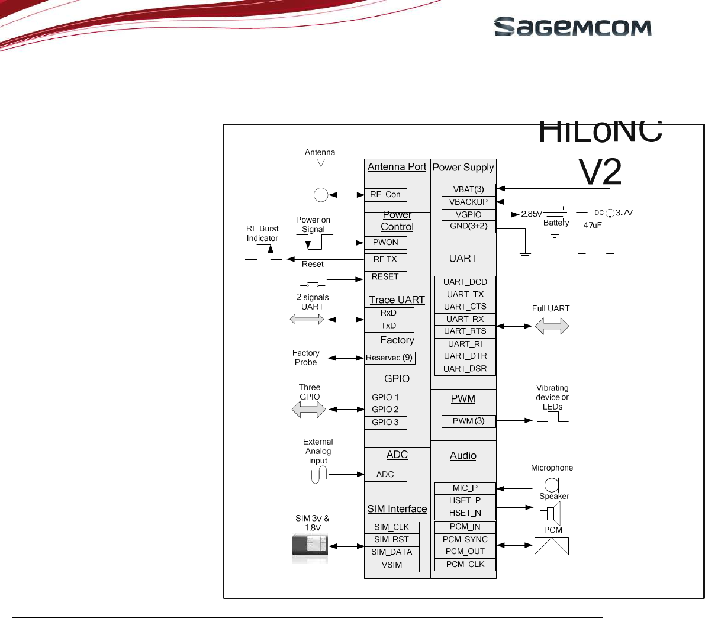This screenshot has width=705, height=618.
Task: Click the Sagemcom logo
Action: click(x=572, y=27)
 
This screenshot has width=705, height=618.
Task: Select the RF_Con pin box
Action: click(x=385, y=195)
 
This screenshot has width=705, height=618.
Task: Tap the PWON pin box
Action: click(x=385, y=243)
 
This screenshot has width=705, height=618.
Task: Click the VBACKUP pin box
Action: click(x=468, y=202)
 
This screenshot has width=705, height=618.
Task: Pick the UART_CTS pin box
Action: click(x=465, y=307)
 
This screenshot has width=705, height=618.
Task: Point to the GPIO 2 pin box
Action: click(x=385, y=410)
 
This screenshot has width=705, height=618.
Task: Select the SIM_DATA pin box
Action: click(x=392, y=552)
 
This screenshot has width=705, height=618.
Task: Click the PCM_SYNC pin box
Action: click(x=465, y=539)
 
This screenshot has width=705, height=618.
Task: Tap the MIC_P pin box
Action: click(x=465, y=488)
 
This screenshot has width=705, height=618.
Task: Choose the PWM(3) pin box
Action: click(x=468, y=421)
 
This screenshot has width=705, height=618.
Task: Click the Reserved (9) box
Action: click(x=389, y=358)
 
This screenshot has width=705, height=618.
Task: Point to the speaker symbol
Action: click(x=553, y=511)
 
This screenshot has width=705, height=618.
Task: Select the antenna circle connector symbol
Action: click(x=321, y=195)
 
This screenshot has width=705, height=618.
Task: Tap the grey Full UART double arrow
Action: click(x=552, y=326)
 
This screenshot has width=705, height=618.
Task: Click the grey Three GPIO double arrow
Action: click(x=309, y=409)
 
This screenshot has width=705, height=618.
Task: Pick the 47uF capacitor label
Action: click(x=593, y=225)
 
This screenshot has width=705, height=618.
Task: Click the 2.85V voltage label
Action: click(x=532, y=214)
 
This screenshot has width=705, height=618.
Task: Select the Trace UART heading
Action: click(x=397, y=300)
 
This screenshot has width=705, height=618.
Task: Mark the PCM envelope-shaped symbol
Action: click(x=552, y=546)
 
